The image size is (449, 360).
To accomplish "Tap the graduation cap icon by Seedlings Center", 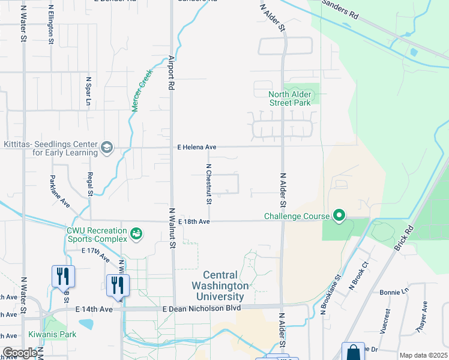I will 107,148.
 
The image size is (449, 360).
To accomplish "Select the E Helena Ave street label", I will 196,147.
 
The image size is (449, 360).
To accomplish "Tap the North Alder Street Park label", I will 290,98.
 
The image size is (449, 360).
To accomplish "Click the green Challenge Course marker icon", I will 339,215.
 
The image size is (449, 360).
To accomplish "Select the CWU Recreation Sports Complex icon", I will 136,233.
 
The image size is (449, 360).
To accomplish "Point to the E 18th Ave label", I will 193,221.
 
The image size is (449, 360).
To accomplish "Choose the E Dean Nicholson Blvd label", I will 202,308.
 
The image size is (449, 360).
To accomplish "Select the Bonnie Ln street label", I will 394,292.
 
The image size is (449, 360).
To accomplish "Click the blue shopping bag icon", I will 353,352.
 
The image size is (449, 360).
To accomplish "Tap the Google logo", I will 20,353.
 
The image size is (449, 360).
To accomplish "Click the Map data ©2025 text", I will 423,355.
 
